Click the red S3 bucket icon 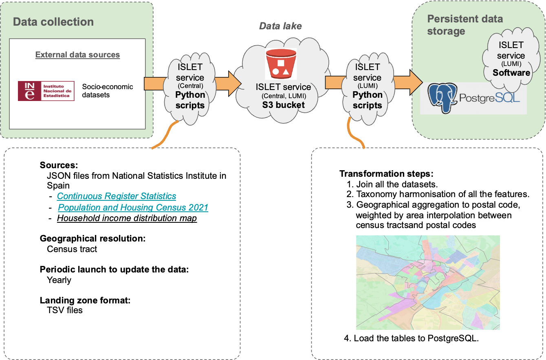(x=281, y=64)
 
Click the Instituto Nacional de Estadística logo (x=46, y=91)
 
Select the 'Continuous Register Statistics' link (x=117, y=196)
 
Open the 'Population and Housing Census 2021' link (x=133, y=207)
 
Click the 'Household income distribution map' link (x=127, y=218)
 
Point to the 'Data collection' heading (x=53, y=22)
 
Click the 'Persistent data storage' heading (x=465, y=25)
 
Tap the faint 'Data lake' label (x=281, y=26)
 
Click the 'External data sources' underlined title (x=77, y=55)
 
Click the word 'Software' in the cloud (x=511, y=73)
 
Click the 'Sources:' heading (x=59, y=165)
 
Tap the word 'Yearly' (x=59, y=280)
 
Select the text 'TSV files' (x=65, y=310)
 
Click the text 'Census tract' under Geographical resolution (x=72, y=249)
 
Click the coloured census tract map (x=427, y=282)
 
